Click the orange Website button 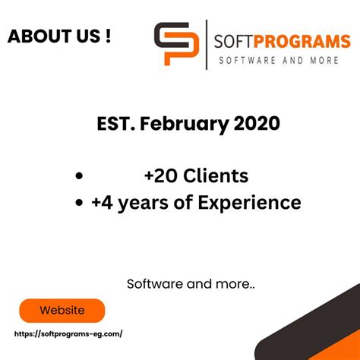[62, 311]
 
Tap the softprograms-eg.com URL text [68, 334]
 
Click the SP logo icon [176, 45]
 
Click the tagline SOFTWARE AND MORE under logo [278, 60]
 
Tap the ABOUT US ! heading [59, 37]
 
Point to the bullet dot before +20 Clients [78, 177]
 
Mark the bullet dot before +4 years [78, 204]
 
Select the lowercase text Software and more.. [191, 284]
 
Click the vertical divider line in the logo [206, 45]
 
